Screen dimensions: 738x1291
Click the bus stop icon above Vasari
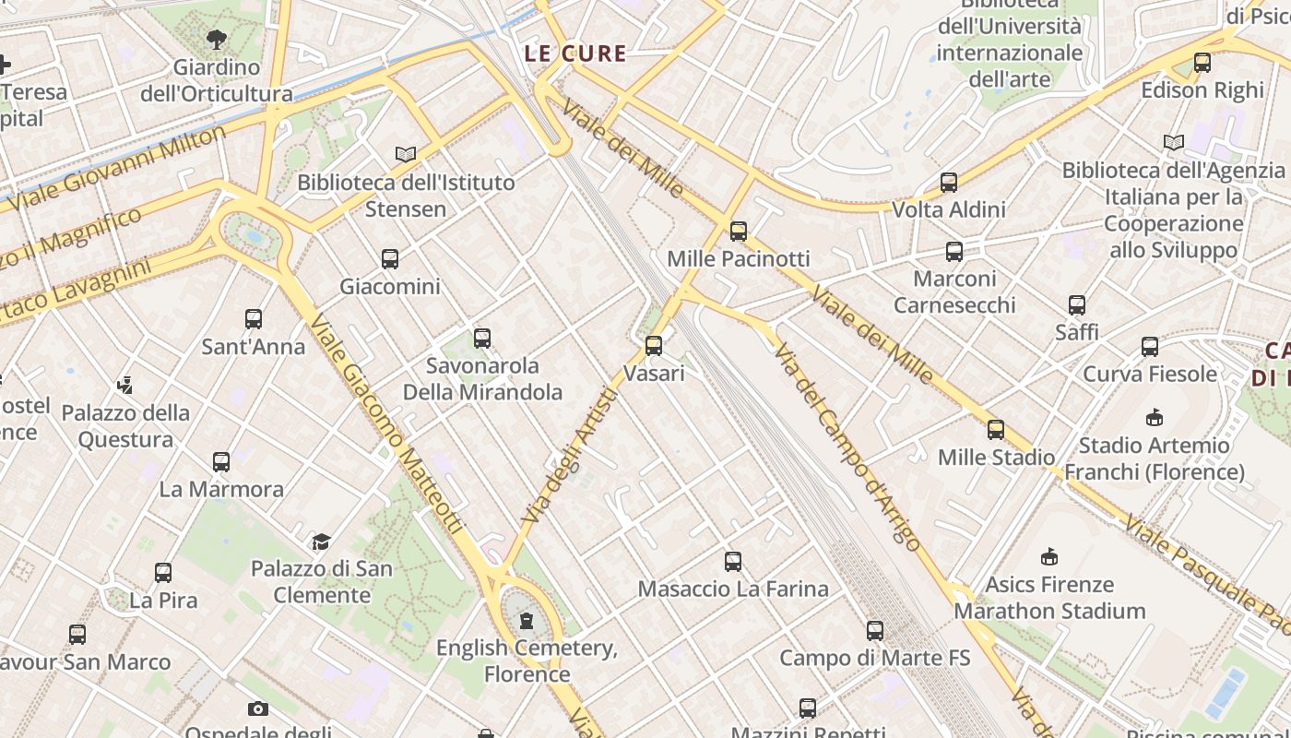[x=654, y=346]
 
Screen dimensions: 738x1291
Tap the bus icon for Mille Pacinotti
[x=738, y=232]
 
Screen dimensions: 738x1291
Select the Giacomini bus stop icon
[x=390, y=259]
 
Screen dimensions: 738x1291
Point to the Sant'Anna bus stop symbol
[x=254, y=319]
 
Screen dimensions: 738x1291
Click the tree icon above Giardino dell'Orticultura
[x=217, y=40]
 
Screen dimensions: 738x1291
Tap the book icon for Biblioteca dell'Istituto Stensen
[x=406, y=154]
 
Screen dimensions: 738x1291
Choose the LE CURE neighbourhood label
[x=575, y=54]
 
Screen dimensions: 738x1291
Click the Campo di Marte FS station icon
[x=874, y=631]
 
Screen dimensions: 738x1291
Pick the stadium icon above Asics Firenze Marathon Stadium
[x=1049, y=556]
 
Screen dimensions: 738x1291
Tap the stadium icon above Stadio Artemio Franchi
[x=1154, y=418]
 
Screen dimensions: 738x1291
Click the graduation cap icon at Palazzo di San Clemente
[x=321, y=541]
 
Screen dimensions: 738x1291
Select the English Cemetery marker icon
[x=527, y=621]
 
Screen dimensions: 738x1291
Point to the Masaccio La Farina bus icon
[x=733, y=561]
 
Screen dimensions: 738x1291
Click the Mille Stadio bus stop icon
[x=996, y=429]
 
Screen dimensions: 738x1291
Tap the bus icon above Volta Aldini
[x=949, y=183]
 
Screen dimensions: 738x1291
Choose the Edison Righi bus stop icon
[x=1202, y=63]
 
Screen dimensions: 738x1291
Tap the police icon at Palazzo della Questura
[x=125, y=385]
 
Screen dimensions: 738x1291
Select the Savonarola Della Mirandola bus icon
[x=482, y=339]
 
